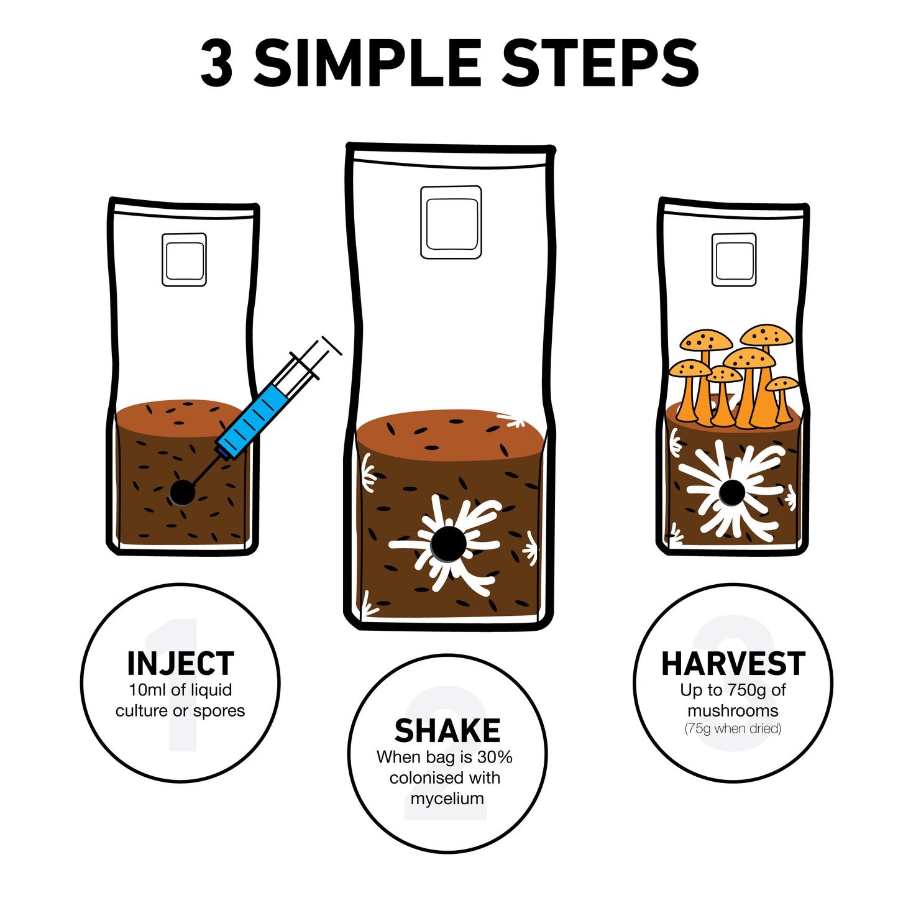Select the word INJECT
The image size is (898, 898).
(181, 663)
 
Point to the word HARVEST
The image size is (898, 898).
(733, 663)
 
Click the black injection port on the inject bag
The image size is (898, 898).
(181, 492)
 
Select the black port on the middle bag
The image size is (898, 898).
(448, 544)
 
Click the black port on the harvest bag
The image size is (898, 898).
(731, 492)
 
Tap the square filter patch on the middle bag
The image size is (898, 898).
(451, 222)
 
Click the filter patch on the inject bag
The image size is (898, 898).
(184, 260)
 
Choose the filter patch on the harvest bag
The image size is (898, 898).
(734, 260)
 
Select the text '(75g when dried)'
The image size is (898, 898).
(733, 728)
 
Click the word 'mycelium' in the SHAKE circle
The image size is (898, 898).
(447, 799)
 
